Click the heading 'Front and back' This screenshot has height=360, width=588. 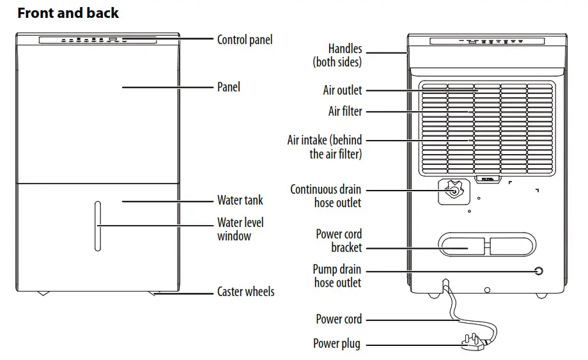68,13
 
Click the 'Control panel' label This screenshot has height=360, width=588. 245,40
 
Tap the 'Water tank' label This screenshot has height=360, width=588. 240,200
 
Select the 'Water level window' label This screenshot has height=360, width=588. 240,229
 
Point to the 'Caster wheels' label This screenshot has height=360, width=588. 245,292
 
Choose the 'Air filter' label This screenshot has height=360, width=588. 345,111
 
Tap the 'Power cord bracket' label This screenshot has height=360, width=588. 339,240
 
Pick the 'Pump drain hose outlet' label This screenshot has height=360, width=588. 337,276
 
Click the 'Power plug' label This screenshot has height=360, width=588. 336,344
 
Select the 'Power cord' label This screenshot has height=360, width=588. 339,319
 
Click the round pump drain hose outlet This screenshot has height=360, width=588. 538,271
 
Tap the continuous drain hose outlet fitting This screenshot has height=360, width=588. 453,190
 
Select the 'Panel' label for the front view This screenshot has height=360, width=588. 229,86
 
